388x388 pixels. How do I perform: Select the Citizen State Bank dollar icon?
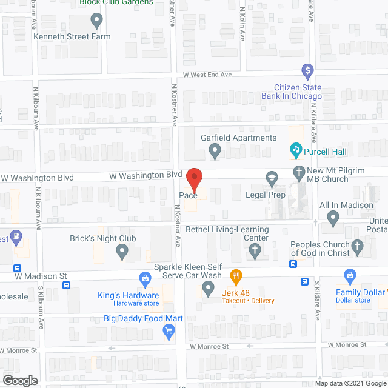click(x=307, y=72)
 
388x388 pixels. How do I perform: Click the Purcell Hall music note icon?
click(x=296, y=149)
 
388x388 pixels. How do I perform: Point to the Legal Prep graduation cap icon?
click(x=271, y=178)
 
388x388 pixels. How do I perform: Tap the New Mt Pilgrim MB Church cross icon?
click(x=298, y=172)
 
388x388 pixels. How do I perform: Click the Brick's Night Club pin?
click(x=122, y=250)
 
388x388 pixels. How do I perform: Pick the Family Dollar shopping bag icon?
click(x=350, y=276)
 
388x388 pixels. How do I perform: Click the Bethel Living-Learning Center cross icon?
click(x=255, y=250)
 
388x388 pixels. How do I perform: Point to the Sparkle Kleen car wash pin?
click(x=209, y=291)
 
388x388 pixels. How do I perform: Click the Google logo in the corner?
click(x=19, y=381)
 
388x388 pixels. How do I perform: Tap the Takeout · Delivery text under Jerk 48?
click(x=247, y=301)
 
